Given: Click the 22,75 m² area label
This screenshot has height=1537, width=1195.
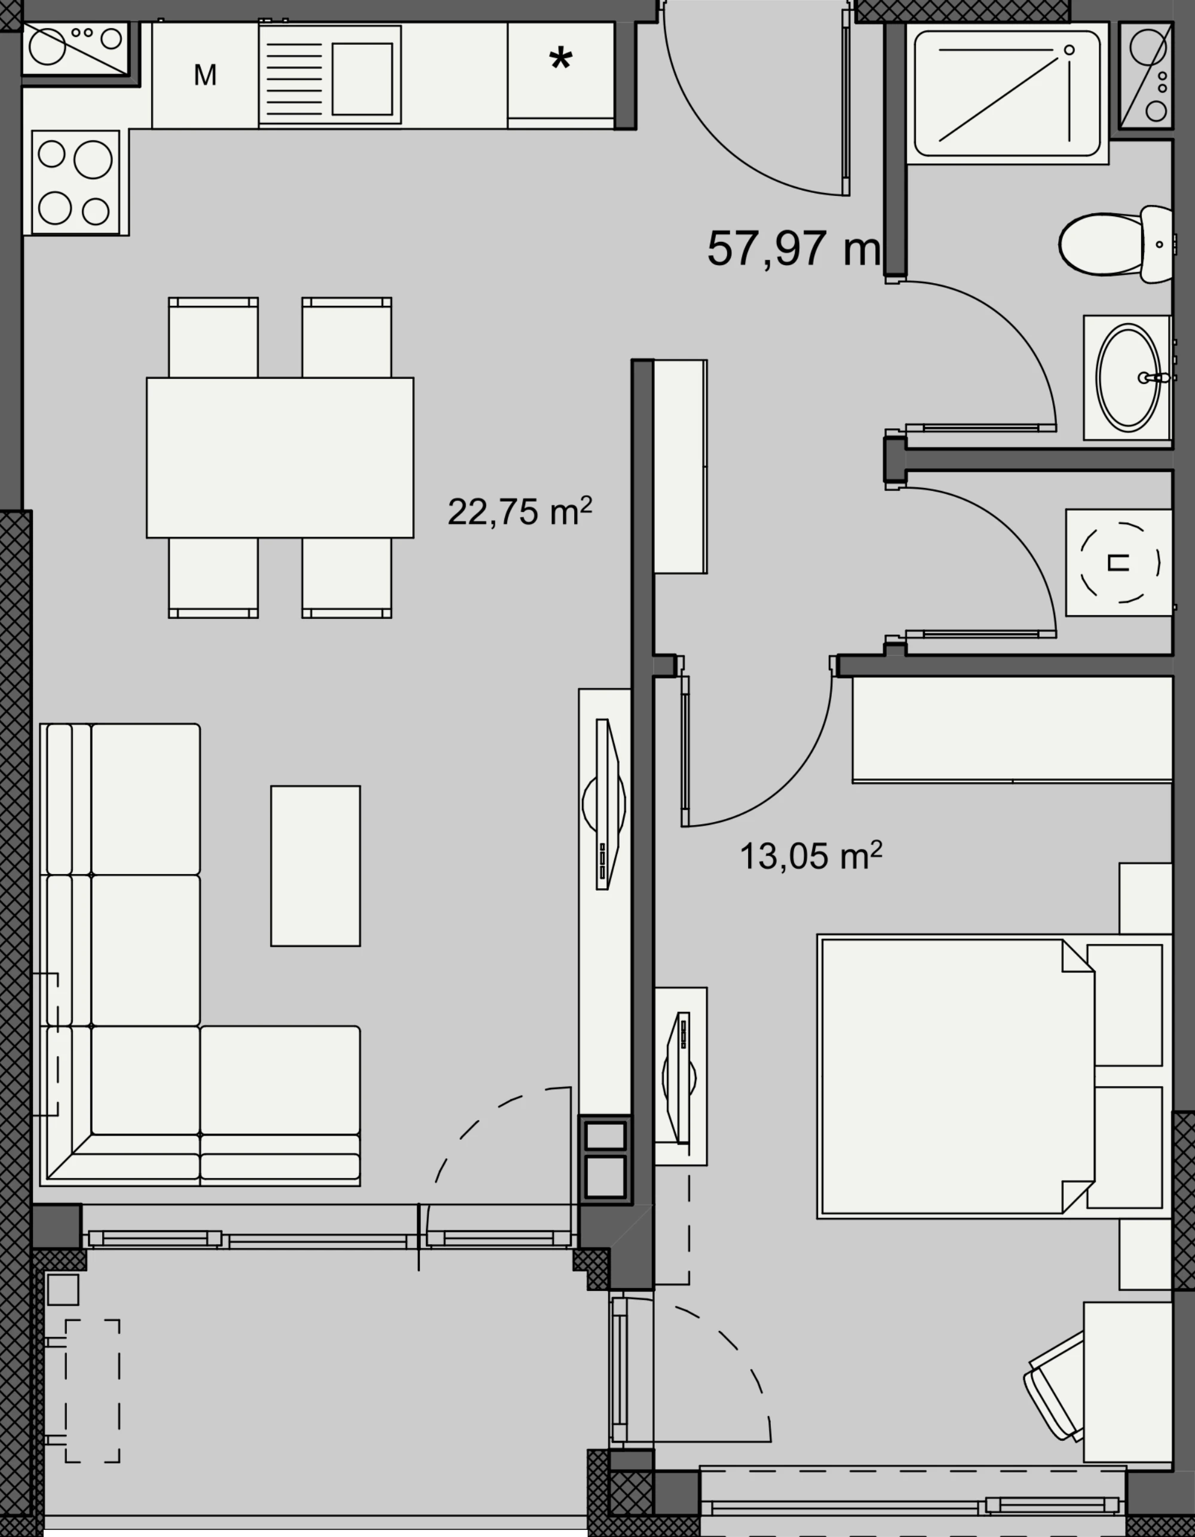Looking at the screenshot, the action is coord(519,511).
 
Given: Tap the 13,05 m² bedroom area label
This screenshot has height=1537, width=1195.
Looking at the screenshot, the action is coord(811,856).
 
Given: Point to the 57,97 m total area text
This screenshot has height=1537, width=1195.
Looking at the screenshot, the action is coord(793,249).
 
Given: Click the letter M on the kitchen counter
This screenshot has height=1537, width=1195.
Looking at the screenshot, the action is coord(205,75).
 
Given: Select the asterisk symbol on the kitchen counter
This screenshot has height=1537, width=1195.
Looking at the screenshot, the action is coord(560,59).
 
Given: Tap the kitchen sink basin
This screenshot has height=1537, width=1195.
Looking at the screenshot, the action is coord(361,79).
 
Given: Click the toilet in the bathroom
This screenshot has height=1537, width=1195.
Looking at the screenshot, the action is coord(1116,244).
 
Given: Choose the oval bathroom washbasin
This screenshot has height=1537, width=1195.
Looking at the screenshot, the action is coord(1128,378).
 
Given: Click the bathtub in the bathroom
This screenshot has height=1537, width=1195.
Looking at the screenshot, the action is coord(1007,93).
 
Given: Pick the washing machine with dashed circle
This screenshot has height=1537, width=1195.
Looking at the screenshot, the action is coord(1119,562).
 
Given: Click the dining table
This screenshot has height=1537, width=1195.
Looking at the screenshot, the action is coord(280,458).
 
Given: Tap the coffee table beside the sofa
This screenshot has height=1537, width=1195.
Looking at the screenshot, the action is coord(315,866).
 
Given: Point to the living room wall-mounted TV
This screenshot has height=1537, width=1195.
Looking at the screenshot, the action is coord(606,805).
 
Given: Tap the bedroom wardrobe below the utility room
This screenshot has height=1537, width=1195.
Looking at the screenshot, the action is coord(1013,729).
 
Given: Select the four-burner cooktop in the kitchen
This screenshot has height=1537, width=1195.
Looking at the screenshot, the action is coord(75,182).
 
